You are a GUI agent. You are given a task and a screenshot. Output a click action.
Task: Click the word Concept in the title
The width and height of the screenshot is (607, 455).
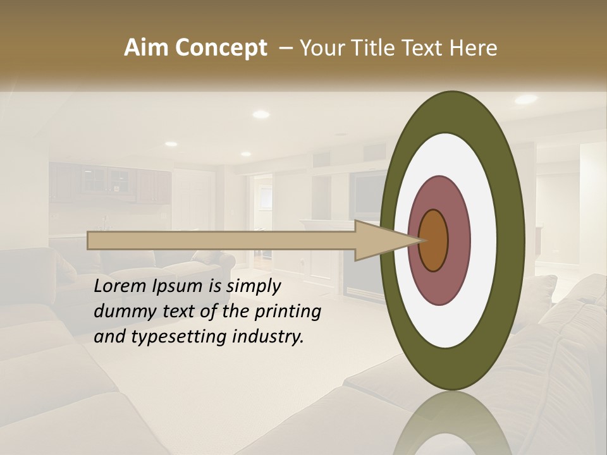(221, 48)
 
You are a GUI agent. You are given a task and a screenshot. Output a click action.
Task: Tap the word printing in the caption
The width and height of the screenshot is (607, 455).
(288, 312)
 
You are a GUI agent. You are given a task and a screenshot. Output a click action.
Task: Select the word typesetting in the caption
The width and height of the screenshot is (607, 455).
(168, 337)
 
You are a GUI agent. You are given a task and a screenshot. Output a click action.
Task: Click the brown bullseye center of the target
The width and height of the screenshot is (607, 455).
(434, 241)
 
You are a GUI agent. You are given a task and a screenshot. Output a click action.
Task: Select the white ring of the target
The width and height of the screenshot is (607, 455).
(484, 240)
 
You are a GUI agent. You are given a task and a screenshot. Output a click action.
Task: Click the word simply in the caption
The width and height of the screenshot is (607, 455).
(253, 286)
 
